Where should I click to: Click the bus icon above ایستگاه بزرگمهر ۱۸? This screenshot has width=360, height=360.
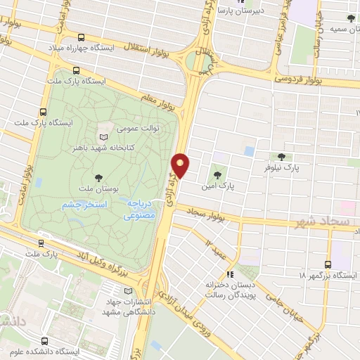pos(328,264)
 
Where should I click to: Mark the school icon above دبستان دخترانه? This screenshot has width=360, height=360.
pos(229,274)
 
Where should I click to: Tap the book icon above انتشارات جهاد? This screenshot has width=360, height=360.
pos(127,291)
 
